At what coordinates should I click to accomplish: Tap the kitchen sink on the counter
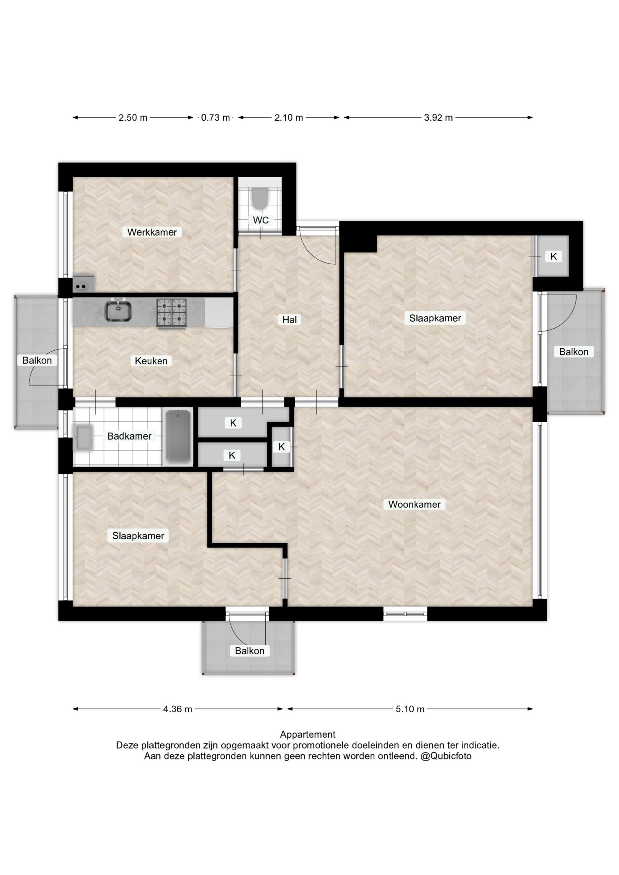pyautogui.click(x=119, y=311)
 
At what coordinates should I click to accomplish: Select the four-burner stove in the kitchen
pyautogui.click(x=172, y=313)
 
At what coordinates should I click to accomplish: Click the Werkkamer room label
pyautogui.click(x=152, y=232)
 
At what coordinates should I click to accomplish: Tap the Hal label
pyautogui.click(x=289, y=319)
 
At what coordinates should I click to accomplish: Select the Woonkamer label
pyautogui.click(x=414, y=504)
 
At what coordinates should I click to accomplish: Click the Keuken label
pyautogui.click(x=151, y=361)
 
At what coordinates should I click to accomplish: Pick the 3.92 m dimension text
pyautogui.click(x=438, y=118)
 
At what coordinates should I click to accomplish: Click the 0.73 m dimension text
pyautogui.click(x=215, y=118)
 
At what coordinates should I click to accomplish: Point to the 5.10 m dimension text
pyautogui.click(x=410, y=709)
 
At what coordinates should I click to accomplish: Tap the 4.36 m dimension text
pyautogui.click(x=178, y=709)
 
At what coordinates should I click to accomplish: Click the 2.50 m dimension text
pyautogui.click(x=133, y=118)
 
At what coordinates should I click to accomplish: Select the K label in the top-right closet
pyautogui.click(x=553, y=256)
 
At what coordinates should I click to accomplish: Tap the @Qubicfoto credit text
pyautogui.click(x=446, y=756)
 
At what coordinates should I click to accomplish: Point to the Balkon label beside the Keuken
pyautogui.click(x=37, y=360)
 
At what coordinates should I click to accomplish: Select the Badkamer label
pyautogui.click(x=129, y=436)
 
